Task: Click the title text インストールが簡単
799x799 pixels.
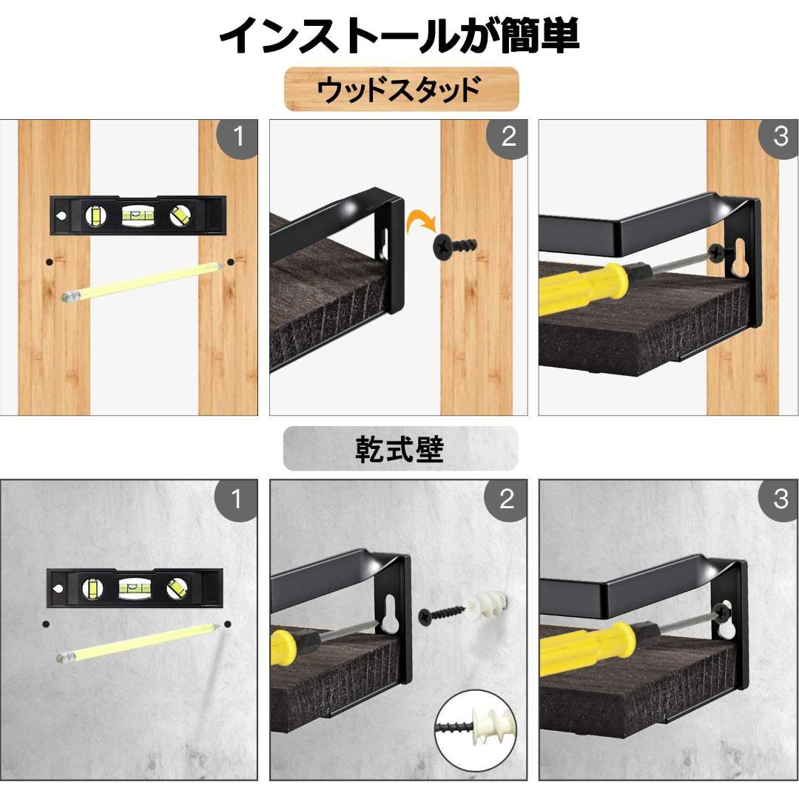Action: (x=399, y=36)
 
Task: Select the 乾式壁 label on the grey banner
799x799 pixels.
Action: (x=399, y=449)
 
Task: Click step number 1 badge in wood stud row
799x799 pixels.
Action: (x=237, y=138)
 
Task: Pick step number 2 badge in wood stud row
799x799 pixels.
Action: (x=508, y=138)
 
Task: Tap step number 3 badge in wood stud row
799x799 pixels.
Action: (x=780, y=138)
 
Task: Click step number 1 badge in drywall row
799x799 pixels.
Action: (x=236, y=500)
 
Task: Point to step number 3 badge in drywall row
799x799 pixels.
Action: (x=780, y=500)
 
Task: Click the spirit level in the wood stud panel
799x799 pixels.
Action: (x=138, y=215)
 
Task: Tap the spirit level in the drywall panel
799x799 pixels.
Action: (x=135, y=587)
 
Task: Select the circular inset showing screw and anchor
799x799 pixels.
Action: (x=476, y=731)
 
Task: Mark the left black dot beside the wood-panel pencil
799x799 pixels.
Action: (x=49, y=262)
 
